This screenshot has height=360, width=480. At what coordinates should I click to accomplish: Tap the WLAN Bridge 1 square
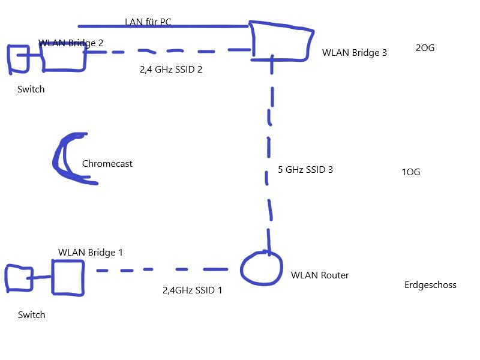pos(67,277)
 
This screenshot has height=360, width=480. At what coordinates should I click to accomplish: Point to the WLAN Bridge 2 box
pos(62,57)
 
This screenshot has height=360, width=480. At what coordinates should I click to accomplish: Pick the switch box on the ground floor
pos(19,278)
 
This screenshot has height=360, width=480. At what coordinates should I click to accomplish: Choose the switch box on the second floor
pos(18,58)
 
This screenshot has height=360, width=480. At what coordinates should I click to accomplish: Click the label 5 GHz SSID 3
pos(305,170)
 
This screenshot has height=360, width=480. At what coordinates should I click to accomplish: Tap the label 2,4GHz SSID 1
pos(192,290)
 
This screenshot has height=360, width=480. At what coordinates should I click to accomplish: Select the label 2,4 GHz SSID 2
pos(171,70)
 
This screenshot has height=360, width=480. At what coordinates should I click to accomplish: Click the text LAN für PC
pos(148,22)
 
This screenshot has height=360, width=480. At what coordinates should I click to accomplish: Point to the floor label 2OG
pos(425,48)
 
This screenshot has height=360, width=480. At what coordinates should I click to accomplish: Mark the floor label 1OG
pos(411,172)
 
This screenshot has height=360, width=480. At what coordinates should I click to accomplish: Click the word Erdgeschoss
pos(430,285)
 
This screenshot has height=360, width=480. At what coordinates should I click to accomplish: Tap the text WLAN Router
pos(320,275)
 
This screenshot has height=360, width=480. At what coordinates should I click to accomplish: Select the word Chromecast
pos(107,164)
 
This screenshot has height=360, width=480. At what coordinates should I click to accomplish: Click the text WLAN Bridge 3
pos(355,53)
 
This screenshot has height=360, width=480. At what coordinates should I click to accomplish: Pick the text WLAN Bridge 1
pos(91,253)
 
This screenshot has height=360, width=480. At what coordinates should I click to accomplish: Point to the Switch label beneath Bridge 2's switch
pos(31,89)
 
